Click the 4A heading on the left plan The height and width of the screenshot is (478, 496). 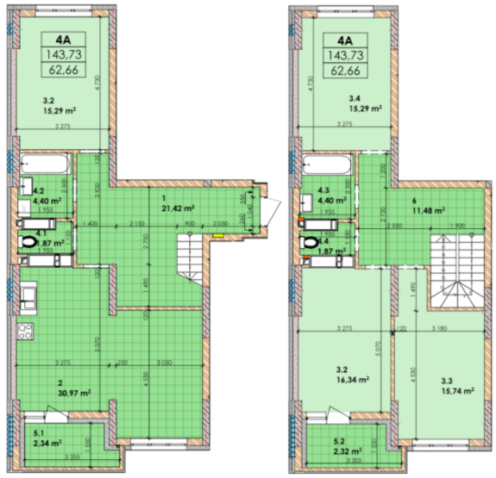pyautogui.click(x=62, y=39)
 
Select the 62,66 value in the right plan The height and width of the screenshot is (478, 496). pyautogui.click(x=345, y=71)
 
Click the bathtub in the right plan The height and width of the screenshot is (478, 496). pyautogui.click(x=325, y=164)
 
